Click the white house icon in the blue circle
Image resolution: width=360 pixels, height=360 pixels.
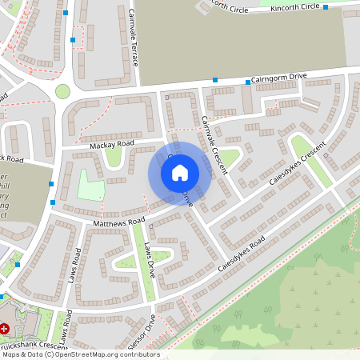pyautogui.click(x=180, y=172)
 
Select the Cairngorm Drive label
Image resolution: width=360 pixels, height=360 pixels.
pyautogui.click(x=278, y=78)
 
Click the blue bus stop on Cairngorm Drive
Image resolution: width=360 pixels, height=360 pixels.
pyautogui.click(x=215, y=80)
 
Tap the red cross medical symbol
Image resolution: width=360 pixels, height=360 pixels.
pyautogui.click(x=5, y=328)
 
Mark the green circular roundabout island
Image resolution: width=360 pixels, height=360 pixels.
pyautogui.click(x=62, y=91)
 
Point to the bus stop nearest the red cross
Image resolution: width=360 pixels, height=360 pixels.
pyautogui.click(x=17, y=263)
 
